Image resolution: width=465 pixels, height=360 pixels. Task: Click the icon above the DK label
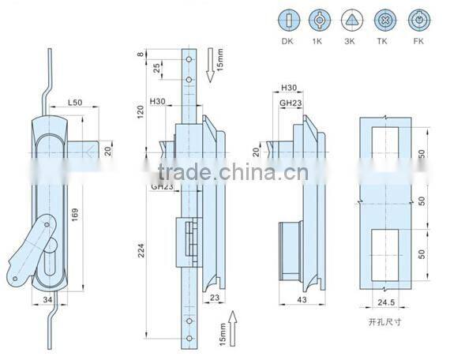288,20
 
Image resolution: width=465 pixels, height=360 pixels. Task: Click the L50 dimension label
77,103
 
